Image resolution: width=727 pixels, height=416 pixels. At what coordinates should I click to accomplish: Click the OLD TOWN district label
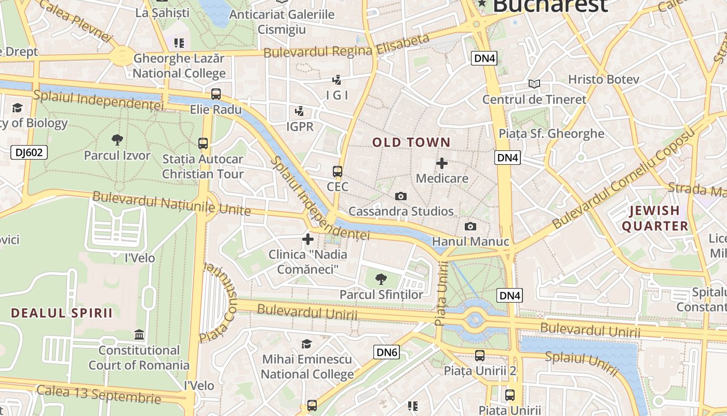coord(411,142)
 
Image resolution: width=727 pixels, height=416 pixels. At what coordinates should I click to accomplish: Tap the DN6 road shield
coord(387,353)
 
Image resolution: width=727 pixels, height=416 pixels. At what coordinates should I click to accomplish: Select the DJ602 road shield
coord(29,152)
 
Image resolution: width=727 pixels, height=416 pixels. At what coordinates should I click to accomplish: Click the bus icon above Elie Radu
coord(216,94)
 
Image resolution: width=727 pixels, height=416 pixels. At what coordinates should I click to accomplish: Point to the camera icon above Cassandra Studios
coord(400,196)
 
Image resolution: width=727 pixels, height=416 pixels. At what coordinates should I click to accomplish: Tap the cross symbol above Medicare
coord(441,163)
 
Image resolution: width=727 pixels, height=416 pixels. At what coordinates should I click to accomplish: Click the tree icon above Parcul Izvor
coord(117,139)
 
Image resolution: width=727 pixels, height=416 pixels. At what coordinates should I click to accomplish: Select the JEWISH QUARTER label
coord(654,218)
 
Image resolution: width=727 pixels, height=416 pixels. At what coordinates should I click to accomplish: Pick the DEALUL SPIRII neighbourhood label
coord(62,313)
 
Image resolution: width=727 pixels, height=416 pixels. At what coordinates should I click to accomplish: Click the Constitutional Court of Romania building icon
coord(139,334)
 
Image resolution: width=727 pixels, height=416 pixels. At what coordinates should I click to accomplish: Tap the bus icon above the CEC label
coord(338,171)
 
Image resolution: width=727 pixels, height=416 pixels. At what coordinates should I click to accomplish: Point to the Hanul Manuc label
coord(470,241)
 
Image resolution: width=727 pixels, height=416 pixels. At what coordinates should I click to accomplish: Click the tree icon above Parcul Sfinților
coord(381,279)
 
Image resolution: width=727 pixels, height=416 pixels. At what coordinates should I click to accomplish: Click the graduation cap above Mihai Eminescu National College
coord(307,344)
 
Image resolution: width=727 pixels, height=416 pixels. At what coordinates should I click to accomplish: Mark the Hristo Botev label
coord(603,80)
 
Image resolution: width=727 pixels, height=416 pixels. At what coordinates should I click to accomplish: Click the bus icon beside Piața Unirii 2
coord(480,356)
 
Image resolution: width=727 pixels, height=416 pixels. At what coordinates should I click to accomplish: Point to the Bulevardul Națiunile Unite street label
coord(171,203)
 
